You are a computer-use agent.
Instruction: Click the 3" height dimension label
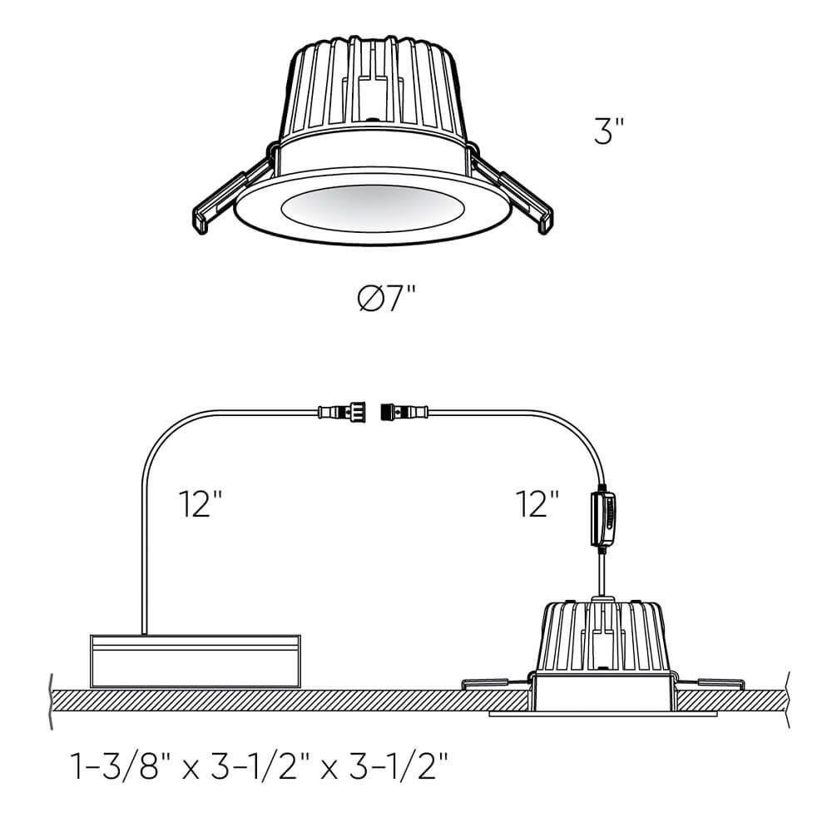coord(609,131)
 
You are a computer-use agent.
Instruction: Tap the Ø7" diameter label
coord(386,297)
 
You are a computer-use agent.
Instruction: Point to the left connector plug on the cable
coord(342,411)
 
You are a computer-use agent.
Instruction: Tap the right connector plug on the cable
coord(404,411)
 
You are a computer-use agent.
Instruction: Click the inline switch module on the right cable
coord(603,518)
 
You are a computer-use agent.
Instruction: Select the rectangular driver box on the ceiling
coord(196,661)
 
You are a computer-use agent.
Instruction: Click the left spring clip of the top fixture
coord(232,193)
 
